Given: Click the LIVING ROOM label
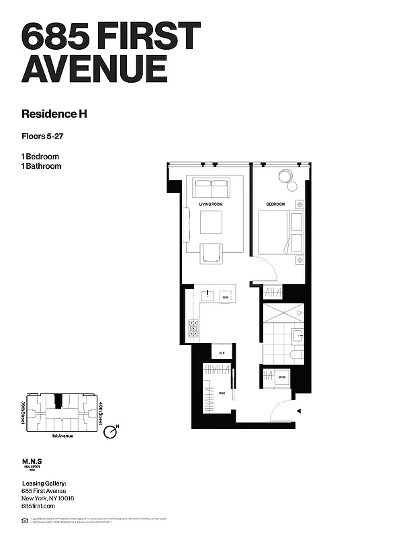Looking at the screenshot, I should point(211,204).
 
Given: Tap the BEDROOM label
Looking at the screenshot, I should point(275,204).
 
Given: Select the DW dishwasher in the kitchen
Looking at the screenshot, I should point(226,297).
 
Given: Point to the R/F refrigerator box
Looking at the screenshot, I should point(222,352).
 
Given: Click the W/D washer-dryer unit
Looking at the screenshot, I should point(282,378).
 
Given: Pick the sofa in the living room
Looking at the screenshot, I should point(211,188).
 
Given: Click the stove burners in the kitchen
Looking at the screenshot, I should point(194,328).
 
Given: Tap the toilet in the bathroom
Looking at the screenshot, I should point(295,354).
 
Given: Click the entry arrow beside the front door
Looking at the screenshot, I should point(299,410).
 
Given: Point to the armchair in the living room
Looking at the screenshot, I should point(211,252).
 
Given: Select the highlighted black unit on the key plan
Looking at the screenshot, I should point(59,401).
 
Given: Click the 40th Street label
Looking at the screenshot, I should point(99,412).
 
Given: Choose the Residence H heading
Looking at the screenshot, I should point(54,114).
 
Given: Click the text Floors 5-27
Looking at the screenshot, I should point(46,137).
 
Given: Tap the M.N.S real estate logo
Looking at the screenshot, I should point(34,464).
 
